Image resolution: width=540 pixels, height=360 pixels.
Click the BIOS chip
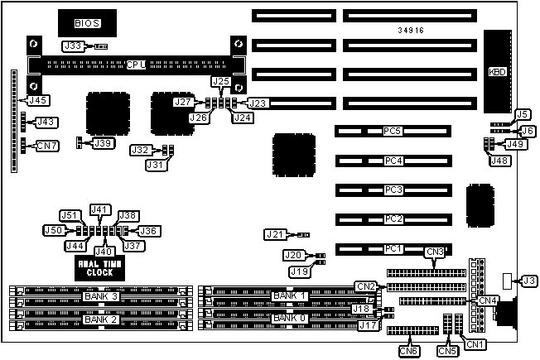click(85, 24)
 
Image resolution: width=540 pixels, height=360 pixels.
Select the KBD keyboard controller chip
click(500, 71)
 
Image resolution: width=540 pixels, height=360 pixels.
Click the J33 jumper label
click(73, 46)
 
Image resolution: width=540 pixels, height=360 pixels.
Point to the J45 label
click(36, 100)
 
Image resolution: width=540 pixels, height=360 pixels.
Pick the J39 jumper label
click(103, 143)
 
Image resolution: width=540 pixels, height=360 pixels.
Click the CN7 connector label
click(47, 146)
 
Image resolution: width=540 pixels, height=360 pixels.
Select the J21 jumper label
click(276, 235)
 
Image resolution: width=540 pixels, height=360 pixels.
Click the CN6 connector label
click(408, 350)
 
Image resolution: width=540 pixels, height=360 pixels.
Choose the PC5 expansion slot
click(393, 131)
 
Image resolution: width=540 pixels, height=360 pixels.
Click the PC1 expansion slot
click(393, 248)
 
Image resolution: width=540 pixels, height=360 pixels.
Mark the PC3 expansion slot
click(393, 190)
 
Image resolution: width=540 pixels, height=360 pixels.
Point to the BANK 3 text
click(102, 296)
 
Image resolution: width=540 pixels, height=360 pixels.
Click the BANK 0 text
click(290, 319)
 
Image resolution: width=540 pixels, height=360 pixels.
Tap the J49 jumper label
click(515, 144)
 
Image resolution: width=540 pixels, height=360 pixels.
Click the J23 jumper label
click(258, 103)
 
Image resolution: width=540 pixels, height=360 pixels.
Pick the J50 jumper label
click(53, 229)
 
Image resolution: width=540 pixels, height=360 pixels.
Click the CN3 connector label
click(436, 252)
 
